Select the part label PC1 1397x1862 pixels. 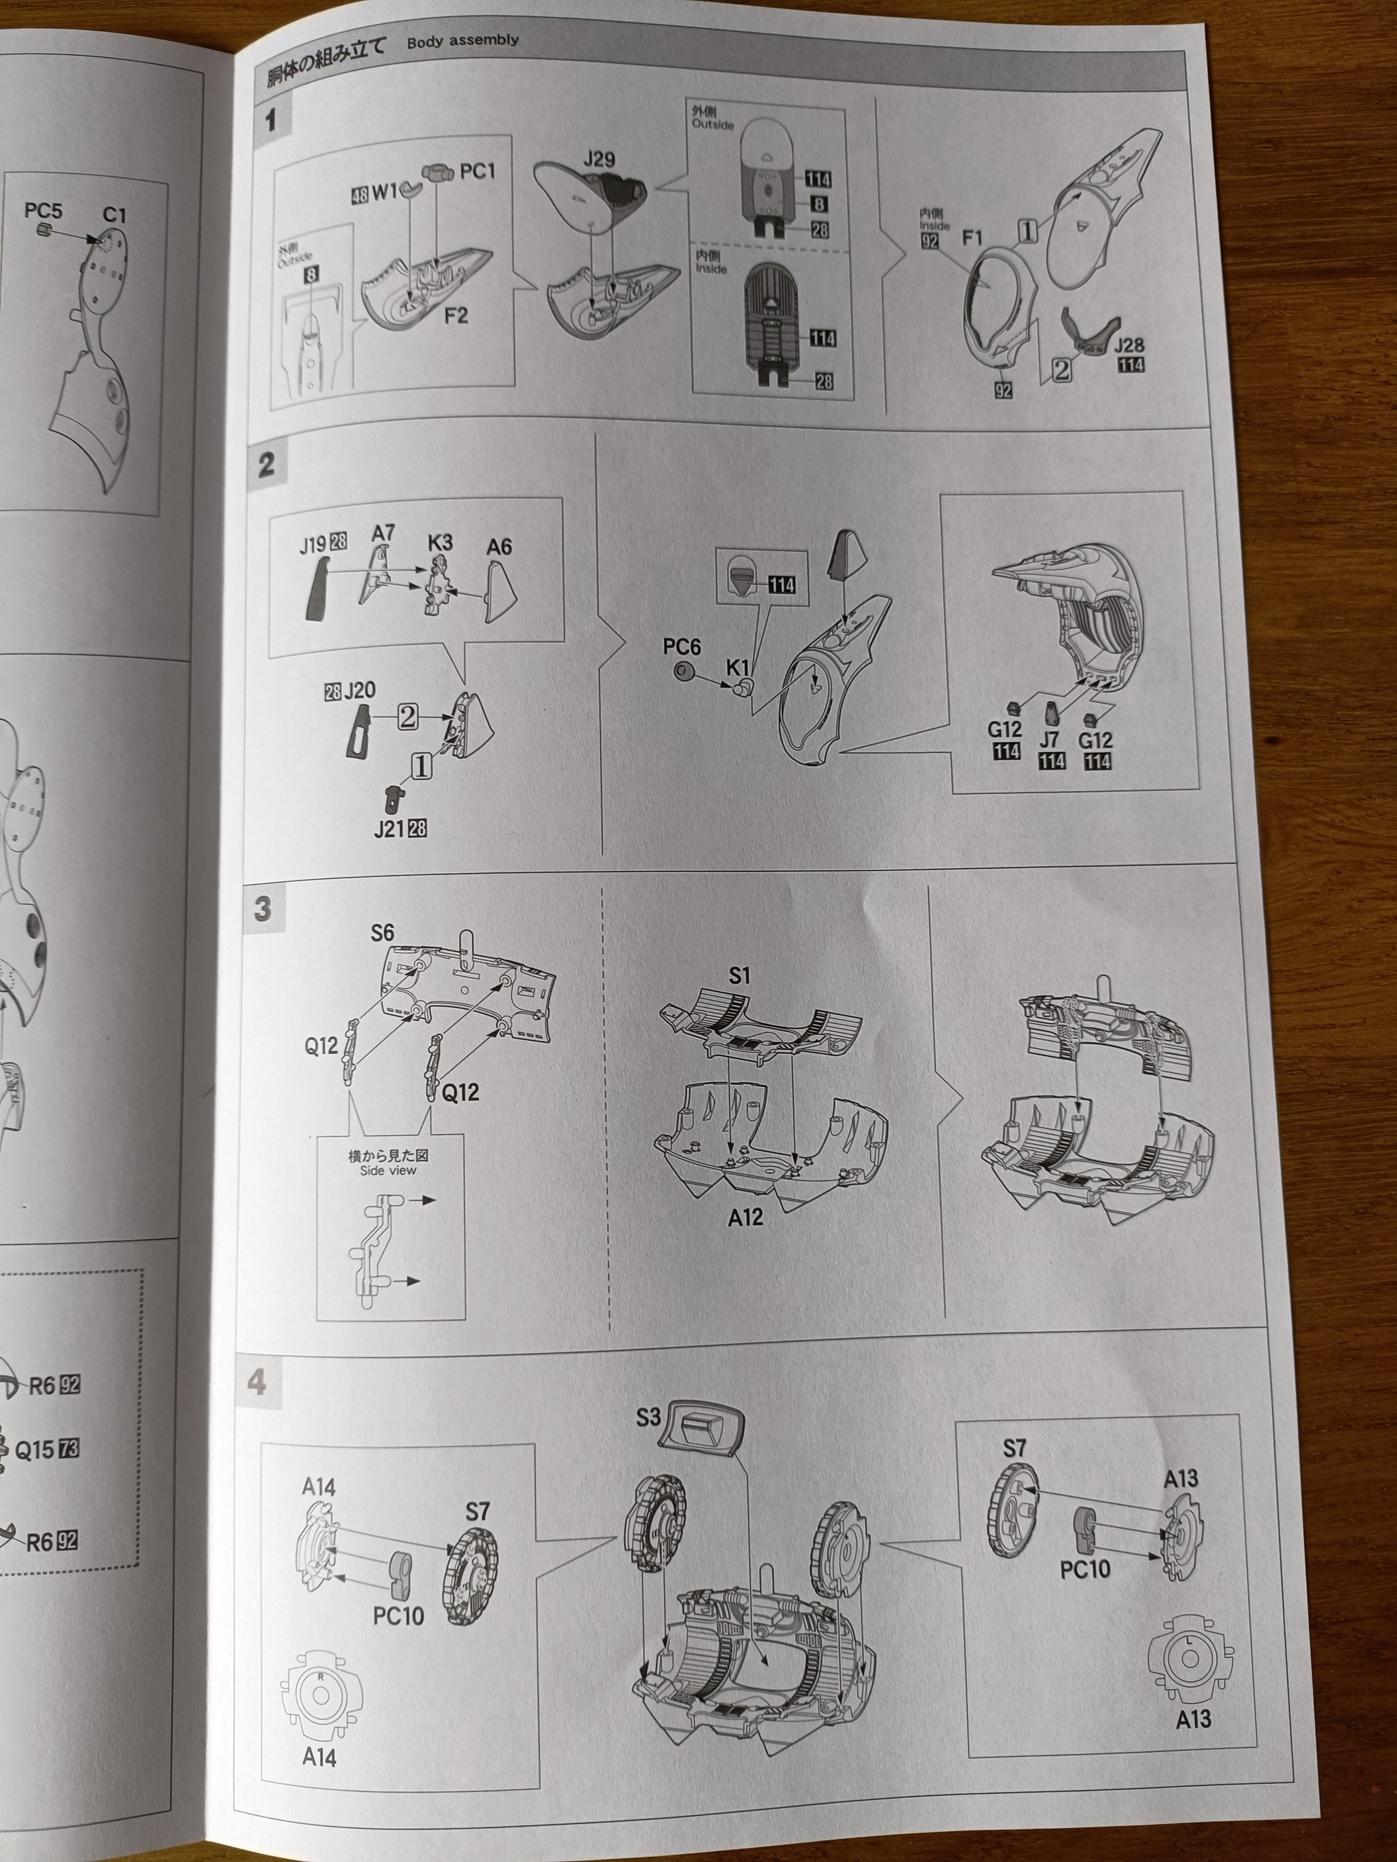point(477,172)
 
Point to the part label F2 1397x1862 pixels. point(456,316)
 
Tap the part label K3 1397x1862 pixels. point(439,543)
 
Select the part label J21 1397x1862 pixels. point(389,829)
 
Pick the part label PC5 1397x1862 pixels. point(43,211)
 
